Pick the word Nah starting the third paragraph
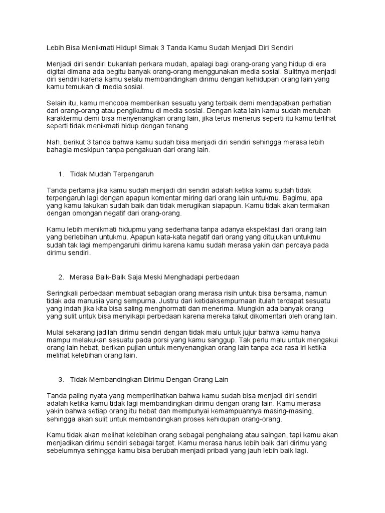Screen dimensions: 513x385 pyautogui.click(x=53, y=142)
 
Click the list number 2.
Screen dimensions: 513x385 pyautogui.click(x=61, y=278)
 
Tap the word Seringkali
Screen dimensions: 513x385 pyautogui.click(x=65, y=293)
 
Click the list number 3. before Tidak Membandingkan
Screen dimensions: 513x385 pyautogui.click(x=61, y=380)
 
